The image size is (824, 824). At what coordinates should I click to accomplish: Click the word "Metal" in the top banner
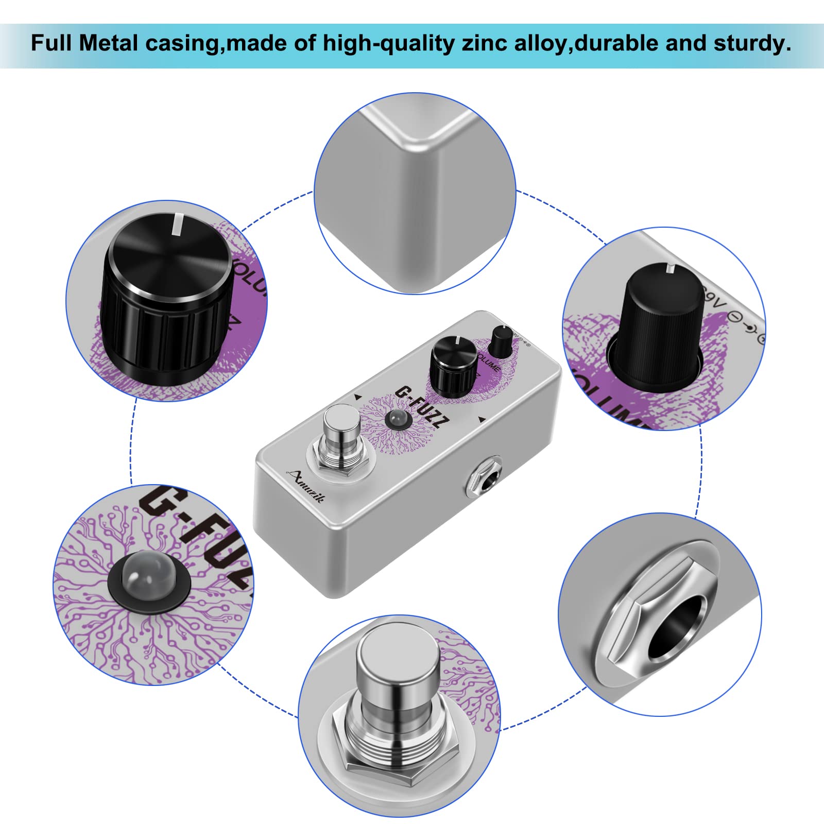(109, 43)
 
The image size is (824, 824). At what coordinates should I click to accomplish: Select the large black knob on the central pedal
(453, 367)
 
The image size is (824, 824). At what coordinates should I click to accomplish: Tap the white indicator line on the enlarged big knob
(177, 224)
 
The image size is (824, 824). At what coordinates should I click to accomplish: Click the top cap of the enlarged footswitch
(398, 654)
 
